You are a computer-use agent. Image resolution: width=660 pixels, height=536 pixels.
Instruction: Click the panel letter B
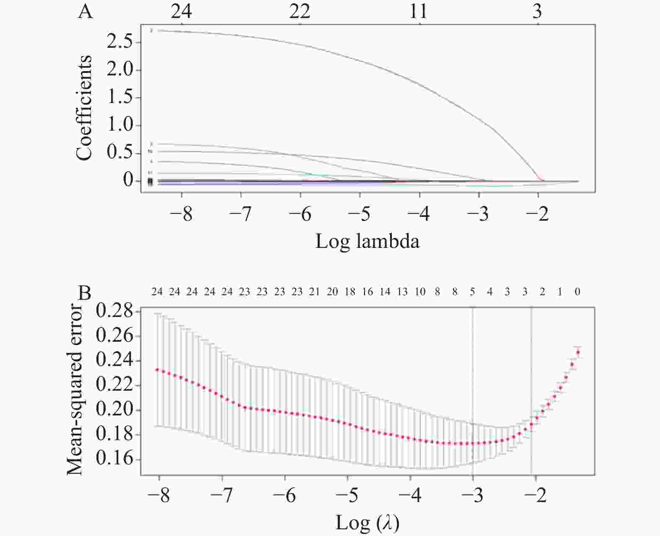(85, 293)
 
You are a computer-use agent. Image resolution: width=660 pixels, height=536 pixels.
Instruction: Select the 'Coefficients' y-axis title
(84, 108)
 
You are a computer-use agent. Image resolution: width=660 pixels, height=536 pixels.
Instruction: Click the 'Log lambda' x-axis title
(367, 242)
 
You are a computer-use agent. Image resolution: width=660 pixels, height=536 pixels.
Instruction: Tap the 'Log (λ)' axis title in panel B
(367, 523)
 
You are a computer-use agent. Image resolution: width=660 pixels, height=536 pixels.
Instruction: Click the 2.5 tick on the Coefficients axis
(120, 42)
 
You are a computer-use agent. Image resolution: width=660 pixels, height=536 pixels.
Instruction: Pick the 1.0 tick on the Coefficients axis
(120, 125)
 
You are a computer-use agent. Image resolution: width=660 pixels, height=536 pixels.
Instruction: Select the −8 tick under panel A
(181, 214)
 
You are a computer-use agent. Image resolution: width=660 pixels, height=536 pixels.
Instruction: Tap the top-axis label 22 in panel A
(300, 12)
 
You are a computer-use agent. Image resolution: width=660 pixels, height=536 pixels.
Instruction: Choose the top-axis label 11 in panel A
(419, 12)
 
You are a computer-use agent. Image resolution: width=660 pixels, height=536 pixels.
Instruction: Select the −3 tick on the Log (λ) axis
(472, 496)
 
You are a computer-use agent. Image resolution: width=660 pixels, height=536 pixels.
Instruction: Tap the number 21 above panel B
(314, 292)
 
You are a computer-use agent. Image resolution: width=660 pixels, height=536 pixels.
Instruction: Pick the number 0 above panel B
(577, 292)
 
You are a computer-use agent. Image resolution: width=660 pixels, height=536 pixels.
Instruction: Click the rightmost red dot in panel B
(578, 352)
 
